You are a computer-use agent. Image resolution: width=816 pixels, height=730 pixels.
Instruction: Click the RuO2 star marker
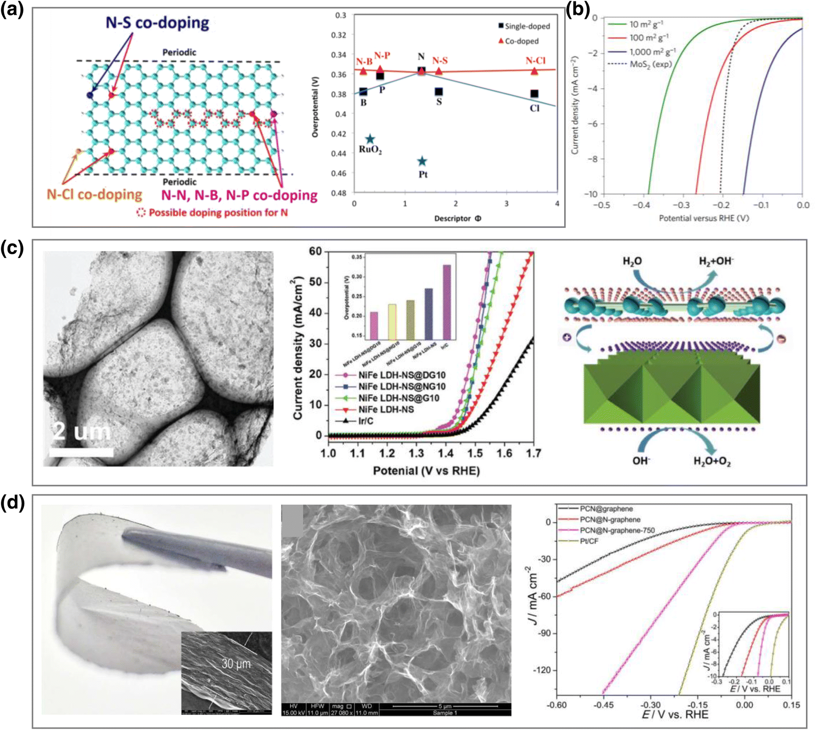(370, 139)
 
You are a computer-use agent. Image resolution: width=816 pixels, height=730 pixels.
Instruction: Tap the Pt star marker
(422, 161)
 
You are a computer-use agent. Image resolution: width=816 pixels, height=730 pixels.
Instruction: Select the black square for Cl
(534, 94)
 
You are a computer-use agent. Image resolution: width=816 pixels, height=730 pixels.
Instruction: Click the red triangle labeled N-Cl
(534, 71)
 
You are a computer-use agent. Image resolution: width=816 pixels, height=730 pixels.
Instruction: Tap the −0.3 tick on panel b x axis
(682, 205)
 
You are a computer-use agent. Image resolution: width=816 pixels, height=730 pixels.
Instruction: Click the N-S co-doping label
(157, 23)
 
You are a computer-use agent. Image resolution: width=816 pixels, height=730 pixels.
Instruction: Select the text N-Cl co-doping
(94, 194)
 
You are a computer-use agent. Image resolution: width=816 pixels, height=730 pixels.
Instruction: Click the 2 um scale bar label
(82, 432)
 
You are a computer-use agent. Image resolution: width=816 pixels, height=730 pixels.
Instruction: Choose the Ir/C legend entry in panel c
(366, 421)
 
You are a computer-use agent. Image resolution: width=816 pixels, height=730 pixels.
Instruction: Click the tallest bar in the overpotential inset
(446, 302)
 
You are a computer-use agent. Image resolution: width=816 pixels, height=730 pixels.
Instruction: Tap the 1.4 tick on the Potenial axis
(446, 453)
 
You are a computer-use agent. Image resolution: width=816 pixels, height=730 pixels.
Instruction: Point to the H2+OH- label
(716, 261)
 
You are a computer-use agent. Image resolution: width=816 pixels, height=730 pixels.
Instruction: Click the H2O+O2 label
(712, 461)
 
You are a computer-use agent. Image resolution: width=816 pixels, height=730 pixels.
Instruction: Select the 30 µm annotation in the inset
(236, 664)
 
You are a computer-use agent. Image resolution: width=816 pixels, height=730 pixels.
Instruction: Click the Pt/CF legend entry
(589, 541)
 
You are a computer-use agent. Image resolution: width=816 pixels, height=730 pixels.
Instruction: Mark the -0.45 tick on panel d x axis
(603, 705)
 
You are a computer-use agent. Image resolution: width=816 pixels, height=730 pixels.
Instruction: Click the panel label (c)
(12, 248)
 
